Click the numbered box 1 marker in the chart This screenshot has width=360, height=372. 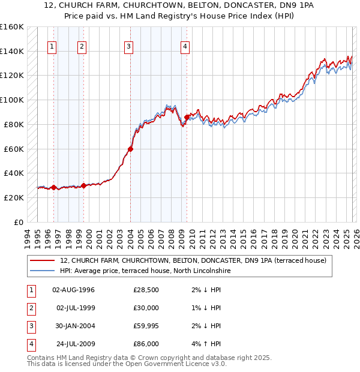pos(52,47)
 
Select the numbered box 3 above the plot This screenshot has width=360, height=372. pos(129,47)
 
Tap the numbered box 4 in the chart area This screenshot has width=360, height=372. pos(186,47)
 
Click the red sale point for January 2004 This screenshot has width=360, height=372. pos(130,149)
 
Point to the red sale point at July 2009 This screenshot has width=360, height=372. pos(187,117)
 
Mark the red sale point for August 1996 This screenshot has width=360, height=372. pos(53,187)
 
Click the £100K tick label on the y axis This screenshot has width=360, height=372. pos(12,100)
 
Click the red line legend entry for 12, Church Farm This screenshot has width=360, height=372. pos(193,260)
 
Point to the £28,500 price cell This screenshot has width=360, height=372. pos(146,290)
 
